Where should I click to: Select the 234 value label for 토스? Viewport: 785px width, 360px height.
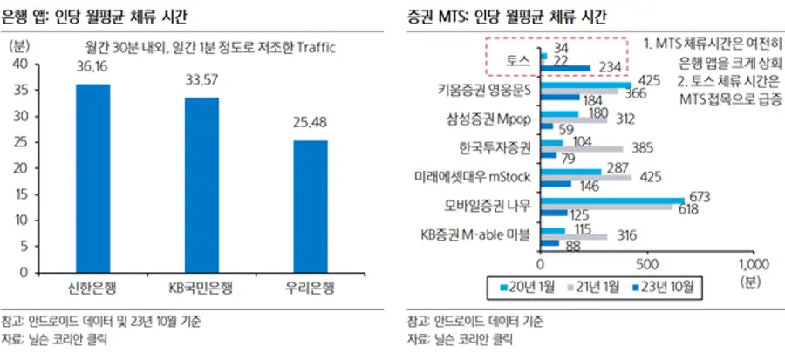pos(609,68)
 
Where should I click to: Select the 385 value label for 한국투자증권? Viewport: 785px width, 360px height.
pos(642,149)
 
